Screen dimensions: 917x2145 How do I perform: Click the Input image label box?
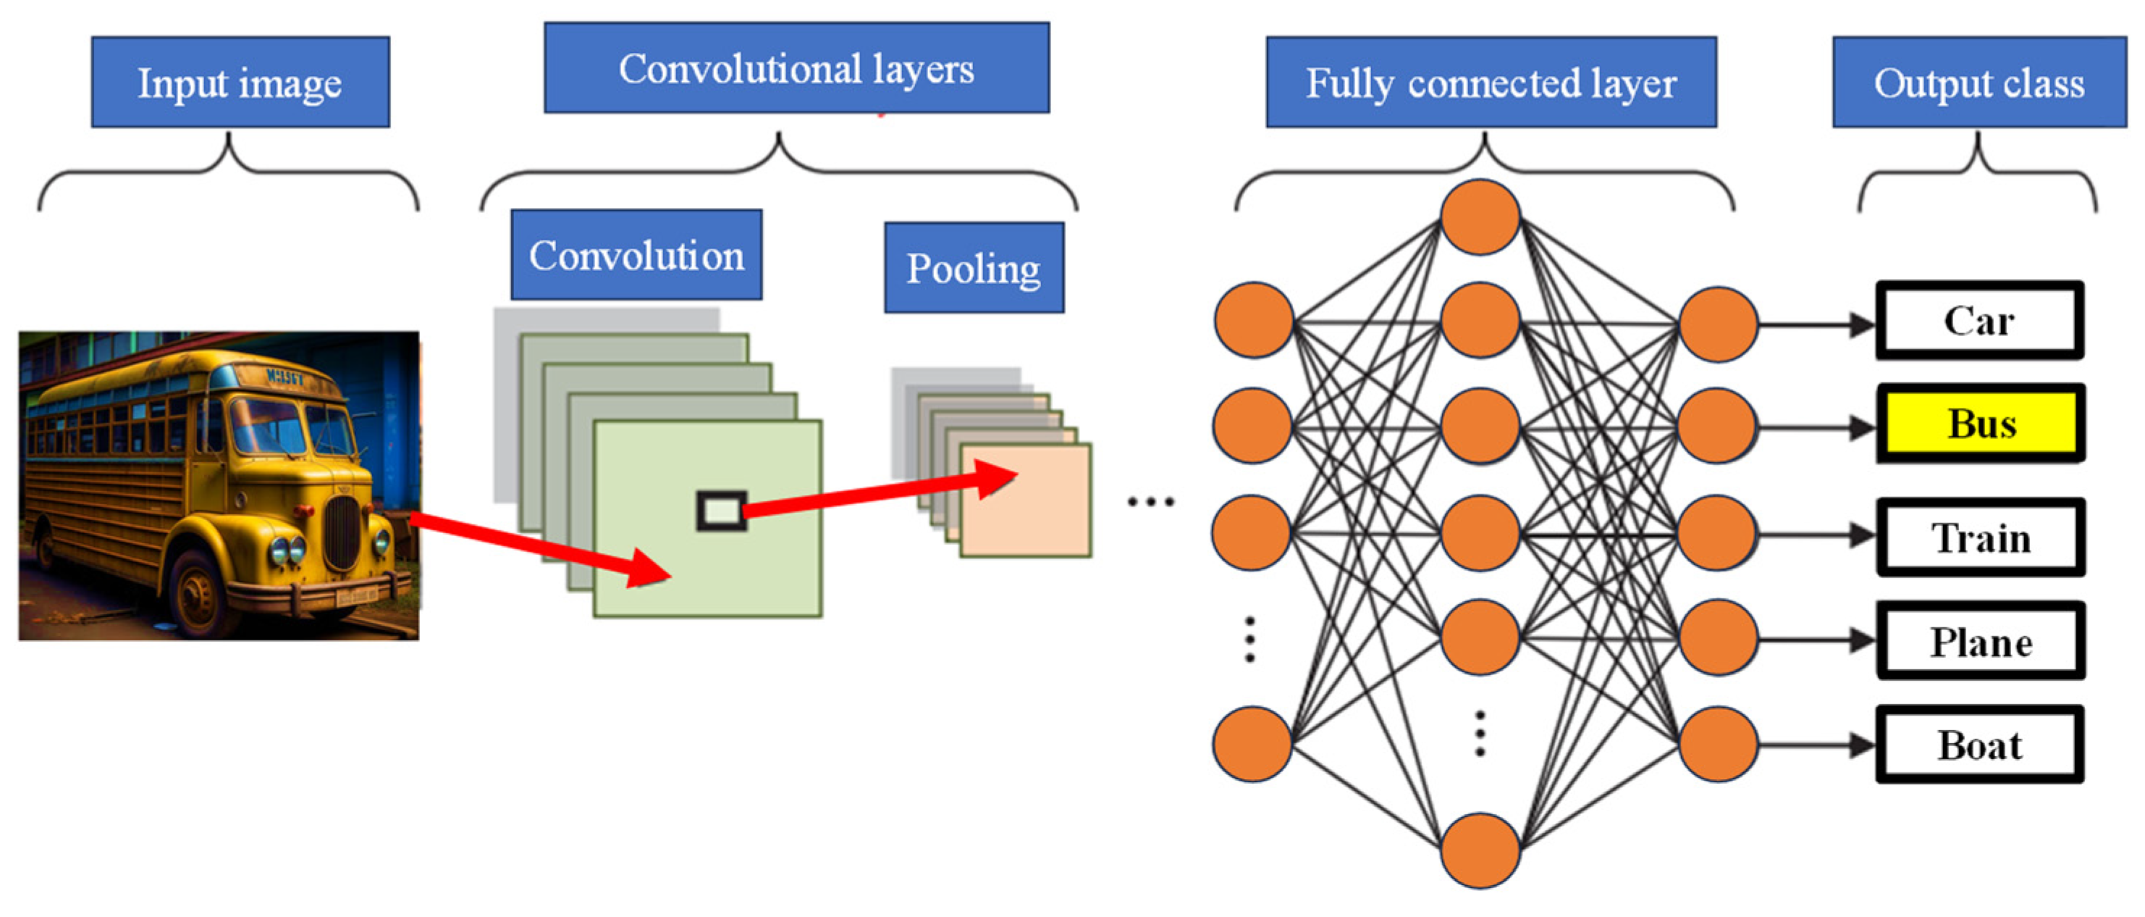[240, 82]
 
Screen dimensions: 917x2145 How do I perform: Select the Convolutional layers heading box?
[796, 67]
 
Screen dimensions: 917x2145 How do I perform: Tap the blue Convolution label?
[636, 254]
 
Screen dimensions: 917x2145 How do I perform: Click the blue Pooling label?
[974, 267]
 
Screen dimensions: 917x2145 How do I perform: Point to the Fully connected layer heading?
[1491, 82]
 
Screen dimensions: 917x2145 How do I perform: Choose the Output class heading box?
[1978, 82]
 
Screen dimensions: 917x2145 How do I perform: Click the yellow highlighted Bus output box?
[1980, 423]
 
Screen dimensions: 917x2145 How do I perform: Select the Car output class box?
[1979, 321]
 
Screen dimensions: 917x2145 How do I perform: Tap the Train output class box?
[1980, 537]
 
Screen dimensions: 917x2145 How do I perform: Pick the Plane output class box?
[1980, 641]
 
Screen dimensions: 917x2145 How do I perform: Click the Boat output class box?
[1979, 745]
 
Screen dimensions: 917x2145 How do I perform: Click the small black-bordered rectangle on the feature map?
[721, 511]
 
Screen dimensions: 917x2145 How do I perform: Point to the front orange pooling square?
[1026, 508]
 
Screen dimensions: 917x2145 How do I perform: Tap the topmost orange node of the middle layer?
[1480, 217]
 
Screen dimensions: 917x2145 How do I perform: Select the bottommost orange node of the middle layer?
[1480, 850]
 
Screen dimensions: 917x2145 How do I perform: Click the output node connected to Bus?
[1717, 424]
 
